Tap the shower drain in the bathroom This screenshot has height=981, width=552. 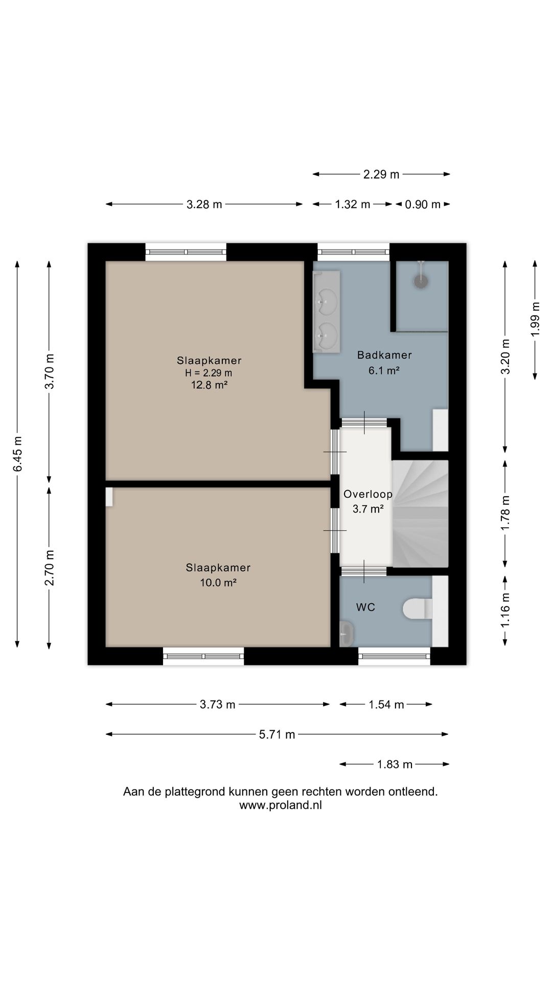(421, 282)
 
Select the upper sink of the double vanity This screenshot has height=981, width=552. (326, 300)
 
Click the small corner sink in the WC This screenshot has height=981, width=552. (347, 634)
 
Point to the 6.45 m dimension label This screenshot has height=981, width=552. (18, 454)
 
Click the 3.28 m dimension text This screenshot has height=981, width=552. (204, 204)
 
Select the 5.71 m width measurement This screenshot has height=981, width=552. (277, 735)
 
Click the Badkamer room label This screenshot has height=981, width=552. (384, 355)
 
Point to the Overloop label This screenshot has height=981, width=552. (368, 494)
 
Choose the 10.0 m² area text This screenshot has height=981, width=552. (218, 582)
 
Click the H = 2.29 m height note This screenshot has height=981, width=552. (209, 373)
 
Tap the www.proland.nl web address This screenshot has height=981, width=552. (281, 805)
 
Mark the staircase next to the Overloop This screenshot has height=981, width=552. (420, 513)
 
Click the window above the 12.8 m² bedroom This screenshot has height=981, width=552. (186, 251)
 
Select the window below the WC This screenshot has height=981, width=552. (395, 656)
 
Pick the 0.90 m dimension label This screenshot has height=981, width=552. (423, 204)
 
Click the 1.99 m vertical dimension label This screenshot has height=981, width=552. (535, 319)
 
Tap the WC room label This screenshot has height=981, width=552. (366, 607)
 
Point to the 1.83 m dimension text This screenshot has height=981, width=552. (395, 764)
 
